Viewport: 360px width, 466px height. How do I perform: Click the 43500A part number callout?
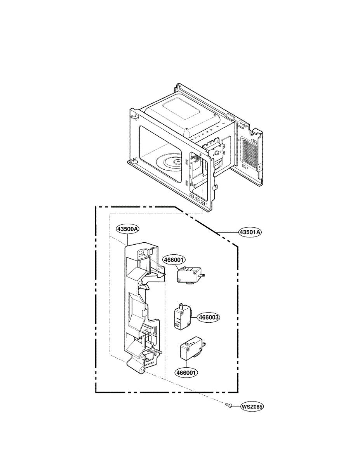(127, 230)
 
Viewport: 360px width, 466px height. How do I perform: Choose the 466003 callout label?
(209, 317)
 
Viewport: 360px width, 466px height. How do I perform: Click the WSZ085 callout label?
(252, 407)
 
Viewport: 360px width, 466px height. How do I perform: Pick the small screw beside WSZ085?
(229, 405)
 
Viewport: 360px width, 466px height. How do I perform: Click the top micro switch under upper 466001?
(189, 275)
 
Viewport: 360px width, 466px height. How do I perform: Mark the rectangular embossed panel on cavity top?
(182, 109)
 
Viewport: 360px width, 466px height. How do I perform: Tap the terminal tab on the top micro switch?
(203, 275)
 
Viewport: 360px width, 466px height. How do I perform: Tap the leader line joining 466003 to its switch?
(193, 317)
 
